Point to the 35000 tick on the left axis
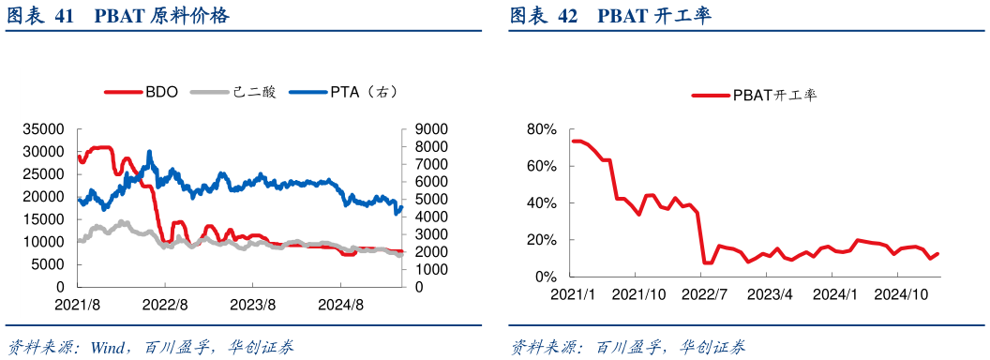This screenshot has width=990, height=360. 43,129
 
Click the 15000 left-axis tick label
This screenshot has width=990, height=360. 43,219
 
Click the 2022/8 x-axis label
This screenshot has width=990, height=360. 166,305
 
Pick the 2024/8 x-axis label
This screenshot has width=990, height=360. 339,305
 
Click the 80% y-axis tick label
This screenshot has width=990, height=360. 542,129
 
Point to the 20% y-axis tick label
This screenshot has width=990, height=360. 542,240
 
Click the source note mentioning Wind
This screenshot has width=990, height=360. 150,347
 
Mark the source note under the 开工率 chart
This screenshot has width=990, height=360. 628,347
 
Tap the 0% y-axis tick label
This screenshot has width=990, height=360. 546,277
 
